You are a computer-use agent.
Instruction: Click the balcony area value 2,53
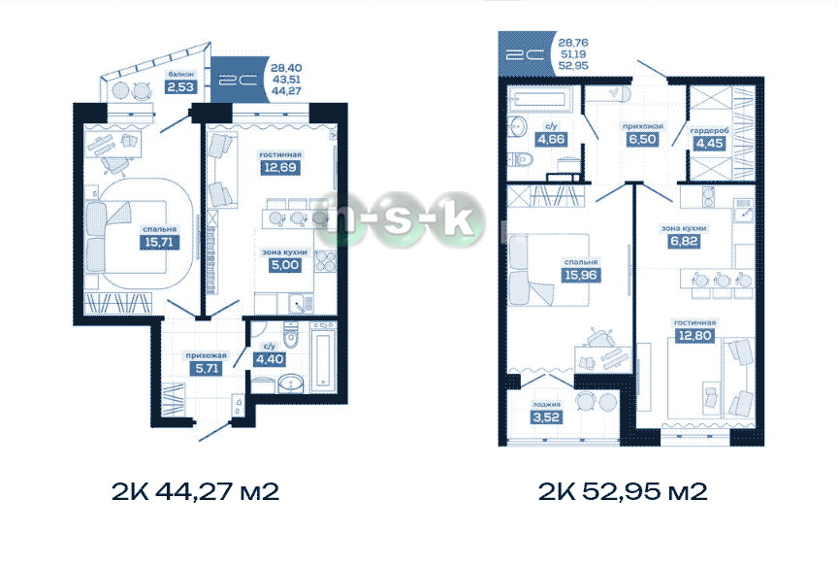[x=180, y=86]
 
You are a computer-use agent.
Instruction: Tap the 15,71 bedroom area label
[x=159, y=242]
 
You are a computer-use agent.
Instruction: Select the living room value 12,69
[x=280, y=168]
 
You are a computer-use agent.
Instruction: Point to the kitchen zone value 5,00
[x=284, y=265]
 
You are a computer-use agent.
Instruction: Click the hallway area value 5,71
[x=207, y=368]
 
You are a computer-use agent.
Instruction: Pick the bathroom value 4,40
[x=269, y=359]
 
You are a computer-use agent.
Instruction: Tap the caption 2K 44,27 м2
[x=195, y=491]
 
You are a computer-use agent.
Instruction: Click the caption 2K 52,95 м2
[x=623, y=491]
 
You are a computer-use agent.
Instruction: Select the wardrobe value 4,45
[x=709, y=144]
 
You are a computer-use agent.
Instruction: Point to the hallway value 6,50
[x=642, y=139]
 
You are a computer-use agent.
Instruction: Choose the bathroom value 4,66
[x=551, y=139]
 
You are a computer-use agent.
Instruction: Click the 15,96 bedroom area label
[x=581, y=276]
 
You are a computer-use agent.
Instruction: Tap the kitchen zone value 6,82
[x=684, y=242]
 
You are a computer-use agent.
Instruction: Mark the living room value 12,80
[x=694, y=336]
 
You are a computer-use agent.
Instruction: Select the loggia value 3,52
[x=546, y=417]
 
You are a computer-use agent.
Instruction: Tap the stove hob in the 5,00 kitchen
[x=325, y=261]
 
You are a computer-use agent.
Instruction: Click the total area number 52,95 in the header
[x=573, y=65]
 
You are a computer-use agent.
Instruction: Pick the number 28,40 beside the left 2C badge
[x=286, y=68]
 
